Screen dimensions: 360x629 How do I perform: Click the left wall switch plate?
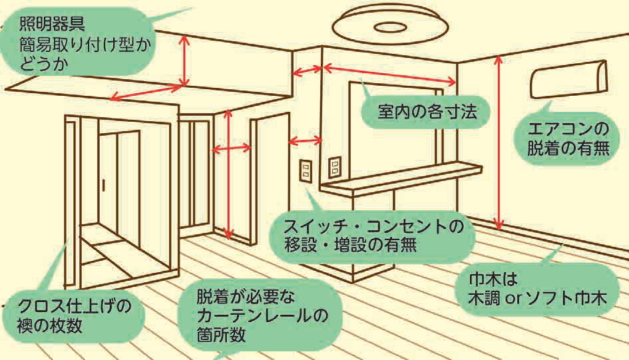pyautogui.click(x=306, y=170)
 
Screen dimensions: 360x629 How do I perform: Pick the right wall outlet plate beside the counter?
pyautogui.click(x=334, y=167)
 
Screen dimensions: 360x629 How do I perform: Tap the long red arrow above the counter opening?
pyautogui.click(x=389, y=75)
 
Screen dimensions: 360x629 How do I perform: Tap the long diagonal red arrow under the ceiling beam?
pyautogui.click(x=146, y=92)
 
